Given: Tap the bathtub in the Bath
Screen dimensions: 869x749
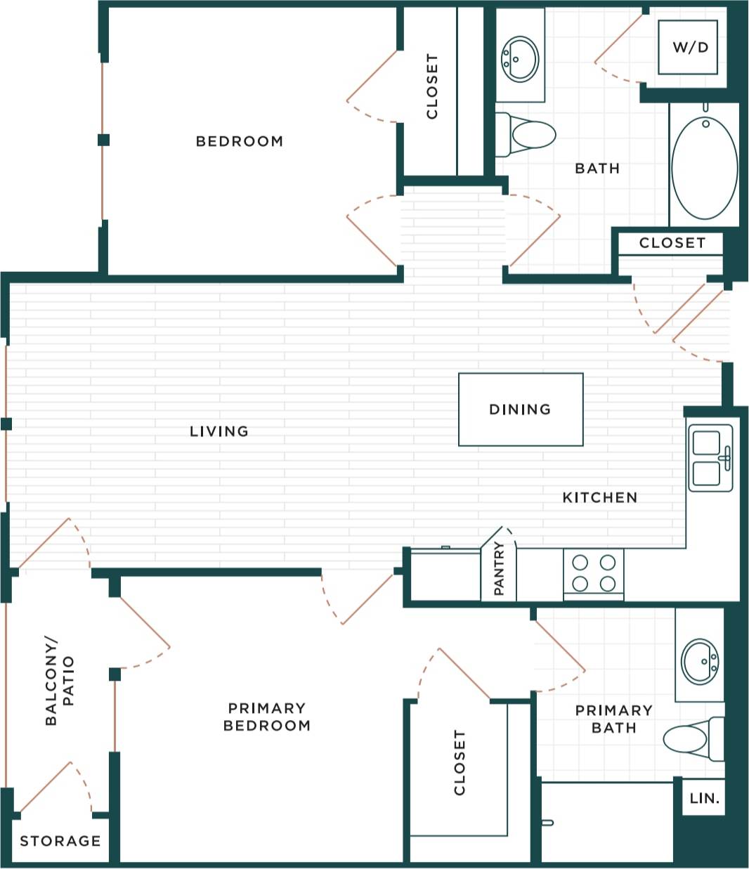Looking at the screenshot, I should [x=704, y=167].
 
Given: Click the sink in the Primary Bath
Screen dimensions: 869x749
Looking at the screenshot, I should [x=700, y=660].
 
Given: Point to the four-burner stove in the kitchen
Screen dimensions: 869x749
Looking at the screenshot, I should [x=593, y=573].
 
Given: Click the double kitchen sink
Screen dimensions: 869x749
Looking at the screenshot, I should [x=710, y=457].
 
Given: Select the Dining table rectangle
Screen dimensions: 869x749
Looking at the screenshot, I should [x=521, y=410].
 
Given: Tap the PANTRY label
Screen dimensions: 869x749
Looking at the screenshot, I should [x=499, y=568].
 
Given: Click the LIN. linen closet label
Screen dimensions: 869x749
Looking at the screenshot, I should [x=704, y=799].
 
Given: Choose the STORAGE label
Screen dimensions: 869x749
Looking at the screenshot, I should [x=60, y=841].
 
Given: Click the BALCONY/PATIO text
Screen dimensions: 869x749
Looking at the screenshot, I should [x=59, y=681].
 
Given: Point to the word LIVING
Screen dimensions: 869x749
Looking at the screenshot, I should [x=219, y=431].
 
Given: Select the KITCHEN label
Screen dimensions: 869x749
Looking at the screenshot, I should [x=600, y=497].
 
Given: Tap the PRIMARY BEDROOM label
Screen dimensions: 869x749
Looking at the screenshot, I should [x=266, y=717].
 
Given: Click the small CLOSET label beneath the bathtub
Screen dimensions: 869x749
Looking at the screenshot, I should [x=672, y=243].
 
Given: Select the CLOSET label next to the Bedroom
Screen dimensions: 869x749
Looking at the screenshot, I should [x=432, y=86].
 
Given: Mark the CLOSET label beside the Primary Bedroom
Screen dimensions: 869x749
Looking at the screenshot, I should [x=460, y=762].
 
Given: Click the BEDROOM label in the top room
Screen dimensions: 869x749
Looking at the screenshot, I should [x=240, y=141].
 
